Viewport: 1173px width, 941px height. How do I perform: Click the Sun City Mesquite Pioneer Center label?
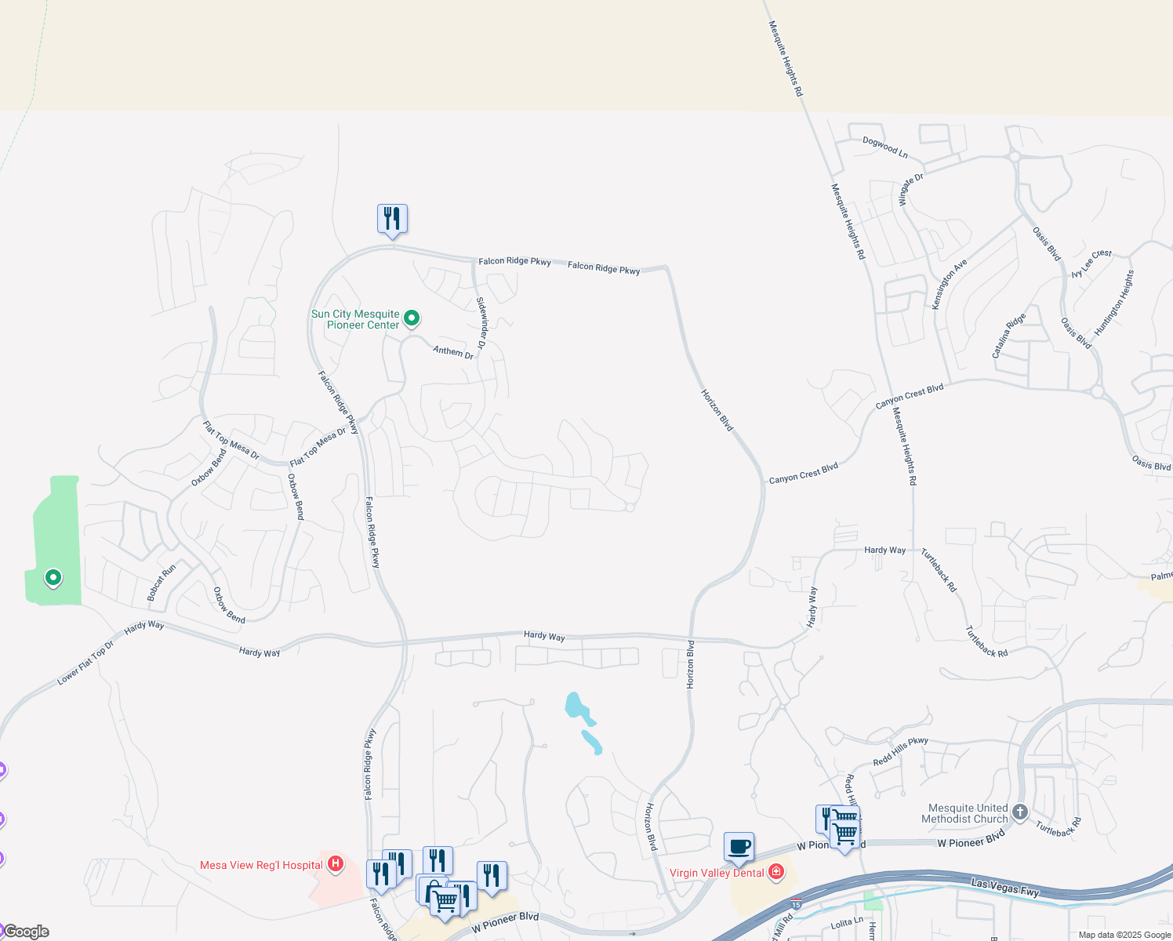tap(356, 319)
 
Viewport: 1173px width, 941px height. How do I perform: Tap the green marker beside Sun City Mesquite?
tap(412, 318)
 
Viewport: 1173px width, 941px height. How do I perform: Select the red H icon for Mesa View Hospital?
tap(336, 864)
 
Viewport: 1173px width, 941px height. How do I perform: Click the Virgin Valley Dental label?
tap(717, 873)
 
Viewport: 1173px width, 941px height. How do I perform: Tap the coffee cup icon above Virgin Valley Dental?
tap(739, 847)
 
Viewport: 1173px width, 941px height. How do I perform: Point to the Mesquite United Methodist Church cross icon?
tap(1020, 812)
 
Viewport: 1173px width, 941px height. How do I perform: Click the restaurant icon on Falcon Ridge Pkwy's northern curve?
tap(392, 219)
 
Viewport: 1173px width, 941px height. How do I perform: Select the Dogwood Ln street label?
tap(884, 147)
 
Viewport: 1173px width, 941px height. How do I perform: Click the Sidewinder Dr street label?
tap(481, 323)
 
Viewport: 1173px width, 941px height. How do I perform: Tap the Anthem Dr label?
tap(453, 352)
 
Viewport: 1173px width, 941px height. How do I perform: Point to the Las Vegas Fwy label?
tap(1004, 887)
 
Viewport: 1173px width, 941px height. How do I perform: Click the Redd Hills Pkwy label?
tap(900, 751)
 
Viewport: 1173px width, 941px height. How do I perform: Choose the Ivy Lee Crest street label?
tap(1091, 263)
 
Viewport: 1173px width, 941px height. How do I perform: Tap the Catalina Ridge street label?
tap(1008, 336)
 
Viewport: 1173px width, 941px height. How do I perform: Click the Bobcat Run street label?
tap(162, 583)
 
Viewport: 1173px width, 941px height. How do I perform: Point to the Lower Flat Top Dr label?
tap(85, 663)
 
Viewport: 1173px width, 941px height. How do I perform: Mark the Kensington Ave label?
tap(949, 284)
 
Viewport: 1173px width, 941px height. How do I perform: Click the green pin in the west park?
tap(53, 578)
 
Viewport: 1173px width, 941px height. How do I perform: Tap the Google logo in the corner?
tap(26, 932)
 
